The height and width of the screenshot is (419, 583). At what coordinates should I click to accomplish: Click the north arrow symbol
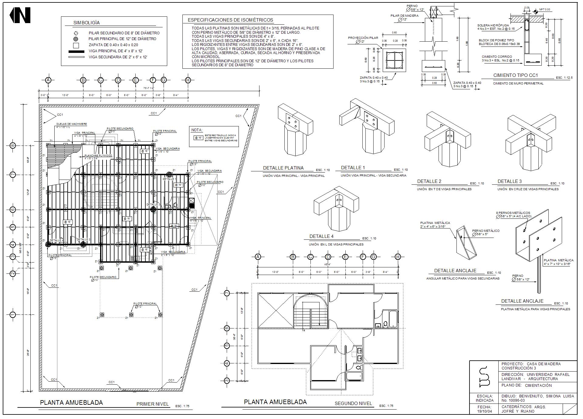[x=20, y=15]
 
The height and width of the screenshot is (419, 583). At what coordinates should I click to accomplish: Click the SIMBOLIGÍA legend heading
[x=86, y=23]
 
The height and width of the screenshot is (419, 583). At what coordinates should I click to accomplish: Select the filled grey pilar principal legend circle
[x=76, y=39]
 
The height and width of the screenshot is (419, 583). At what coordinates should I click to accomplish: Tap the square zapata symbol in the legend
[x=76, y=46]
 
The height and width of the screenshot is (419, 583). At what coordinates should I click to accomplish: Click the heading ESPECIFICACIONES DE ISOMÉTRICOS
[x=230, y=20]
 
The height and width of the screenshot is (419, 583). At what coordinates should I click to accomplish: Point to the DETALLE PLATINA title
[x=283, y=168]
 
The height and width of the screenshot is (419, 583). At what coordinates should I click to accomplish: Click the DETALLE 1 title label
[x=353, y=168]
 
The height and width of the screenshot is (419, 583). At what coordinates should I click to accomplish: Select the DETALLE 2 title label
[x=429, y=181]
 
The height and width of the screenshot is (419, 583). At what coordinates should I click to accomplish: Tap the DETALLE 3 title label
[x=510, y=181]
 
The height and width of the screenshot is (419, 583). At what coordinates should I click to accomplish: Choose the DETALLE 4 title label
[x=321, y=236]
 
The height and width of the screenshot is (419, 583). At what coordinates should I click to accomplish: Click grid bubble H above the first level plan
[x=188, y=80]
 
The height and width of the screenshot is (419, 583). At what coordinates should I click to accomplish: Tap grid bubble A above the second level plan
[x=258, y=257]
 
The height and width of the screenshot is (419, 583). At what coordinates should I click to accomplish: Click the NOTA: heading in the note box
[x=197, y=130]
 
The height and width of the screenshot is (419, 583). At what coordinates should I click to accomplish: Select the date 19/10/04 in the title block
[x=484, y=411]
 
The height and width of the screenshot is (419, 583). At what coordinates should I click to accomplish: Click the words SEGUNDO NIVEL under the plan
[x=353, y=404]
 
